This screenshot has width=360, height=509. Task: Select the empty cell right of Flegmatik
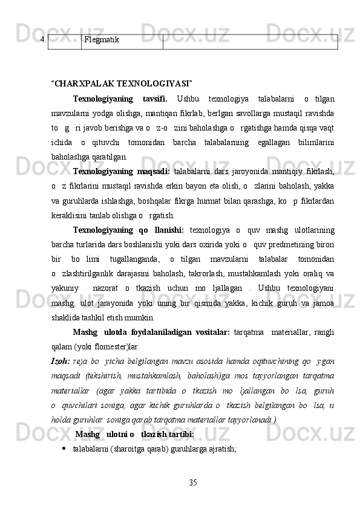pos(250,41)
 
